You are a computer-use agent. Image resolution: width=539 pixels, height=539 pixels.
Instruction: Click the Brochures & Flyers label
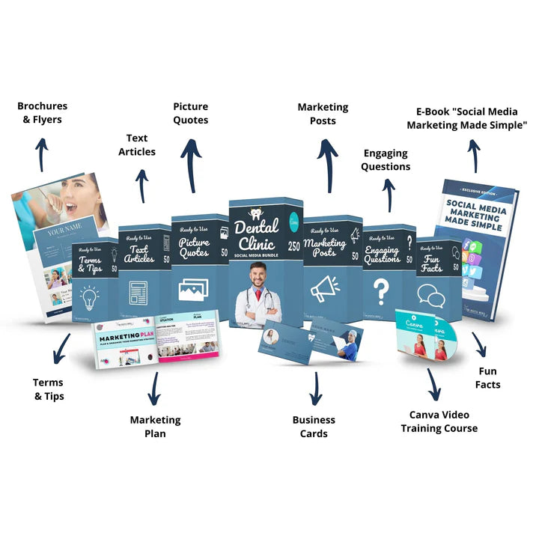42,112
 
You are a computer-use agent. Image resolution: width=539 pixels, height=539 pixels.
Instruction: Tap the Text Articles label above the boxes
137,144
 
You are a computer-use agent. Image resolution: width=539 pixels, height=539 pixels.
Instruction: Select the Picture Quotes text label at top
191,113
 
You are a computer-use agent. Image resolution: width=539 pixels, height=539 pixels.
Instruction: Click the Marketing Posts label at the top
323,114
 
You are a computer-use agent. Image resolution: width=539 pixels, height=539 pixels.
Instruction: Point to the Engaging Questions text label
386,159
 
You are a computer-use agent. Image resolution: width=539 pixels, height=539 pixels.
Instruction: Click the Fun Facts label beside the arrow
488,378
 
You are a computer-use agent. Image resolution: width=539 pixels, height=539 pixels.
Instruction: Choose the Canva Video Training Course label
439,421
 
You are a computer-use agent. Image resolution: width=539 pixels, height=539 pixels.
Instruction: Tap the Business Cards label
314,427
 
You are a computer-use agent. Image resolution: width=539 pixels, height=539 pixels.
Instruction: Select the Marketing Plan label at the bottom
155,427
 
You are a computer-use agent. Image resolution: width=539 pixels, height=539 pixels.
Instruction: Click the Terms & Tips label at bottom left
49,389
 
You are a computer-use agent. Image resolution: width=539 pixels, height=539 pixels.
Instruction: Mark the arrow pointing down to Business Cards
315,389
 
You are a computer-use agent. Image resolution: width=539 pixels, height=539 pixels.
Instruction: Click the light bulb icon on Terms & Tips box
90,297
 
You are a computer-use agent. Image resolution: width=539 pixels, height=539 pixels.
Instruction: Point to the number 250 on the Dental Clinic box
295,246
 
